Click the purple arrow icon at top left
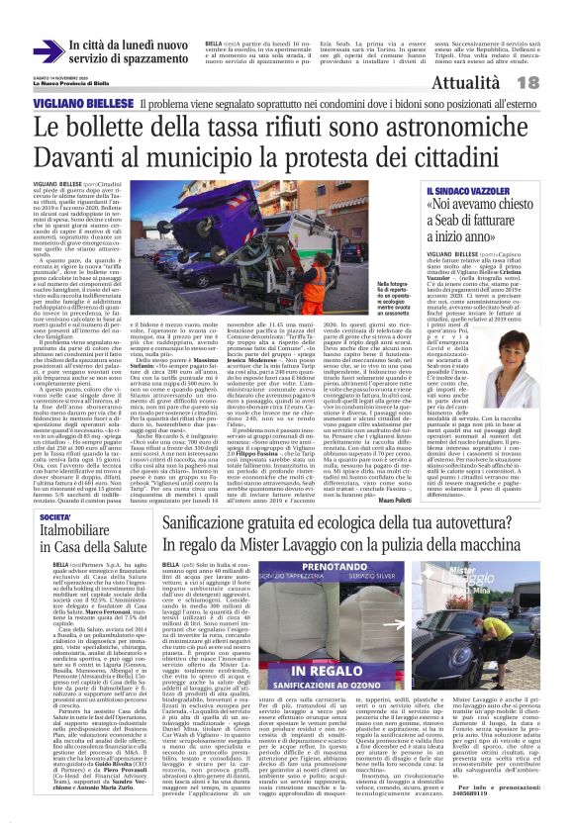pos(47,50)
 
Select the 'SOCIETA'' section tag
pos(55,513)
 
